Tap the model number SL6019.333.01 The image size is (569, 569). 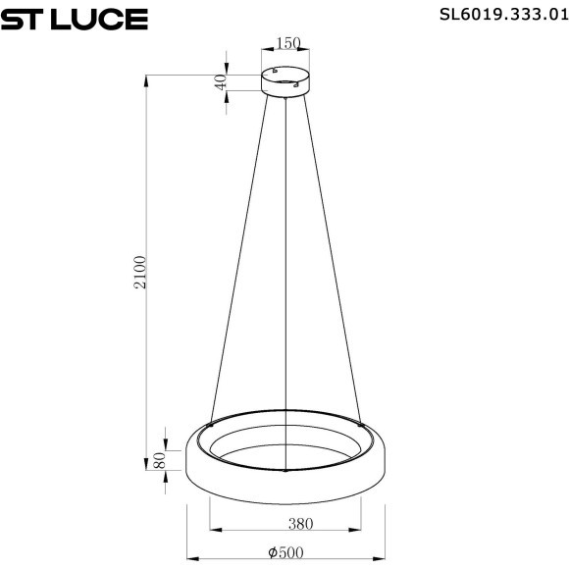[x=491, y=15]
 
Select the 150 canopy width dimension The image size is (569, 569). [x=286, y=43]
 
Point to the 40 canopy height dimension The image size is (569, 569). [x=222, y=81]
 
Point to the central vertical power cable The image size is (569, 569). [x=285, y=255]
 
